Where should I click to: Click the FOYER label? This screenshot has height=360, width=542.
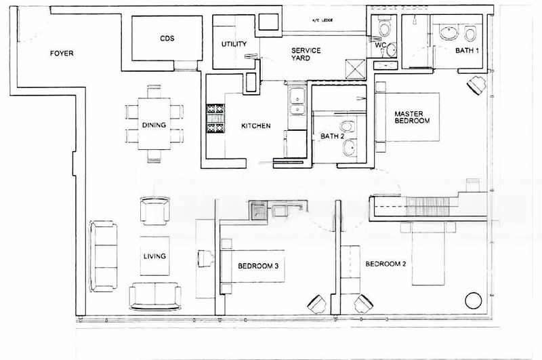62,54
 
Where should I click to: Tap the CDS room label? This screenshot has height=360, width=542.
168,39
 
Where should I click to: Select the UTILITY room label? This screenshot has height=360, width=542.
234,45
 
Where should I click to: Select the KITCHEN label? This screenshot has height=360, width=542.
256,126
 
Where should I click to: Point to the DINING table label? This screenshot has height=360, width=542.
154,125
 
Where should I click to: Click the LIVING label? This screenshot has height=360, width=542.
154,256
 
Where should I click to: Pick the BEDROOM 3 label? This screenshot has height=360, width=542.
258,266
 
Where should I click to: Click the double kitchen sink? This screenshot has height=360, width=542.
297,104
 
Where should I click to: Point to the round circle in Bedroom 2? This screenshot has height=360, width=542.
472,299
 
